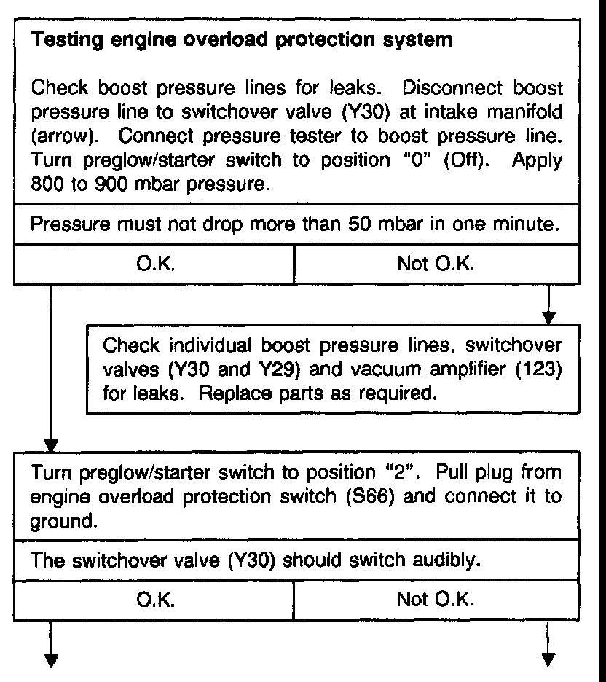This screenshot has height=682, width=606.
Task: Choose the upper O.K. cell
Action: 154,264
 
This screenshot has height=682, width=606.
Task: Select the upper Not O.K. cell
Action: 436,264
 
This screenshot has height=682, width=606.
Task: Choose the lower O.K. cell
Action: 154,600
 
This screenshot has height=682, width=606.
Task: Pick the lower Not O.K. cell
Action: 436,600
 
